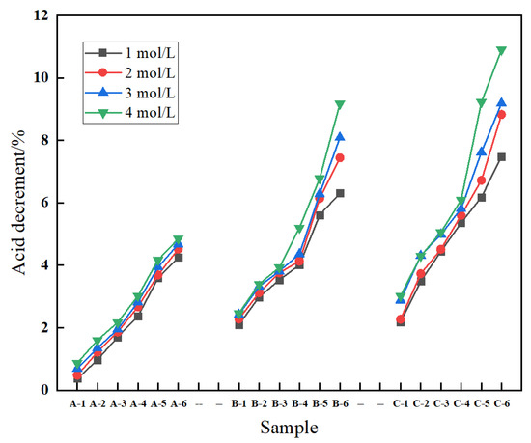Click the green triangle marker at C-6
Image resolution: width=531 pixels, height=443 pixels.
501,50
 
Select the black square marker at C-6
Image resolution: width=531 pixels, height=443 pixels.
501,156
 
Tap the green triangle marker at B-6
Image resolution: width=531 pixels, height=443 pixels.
340,104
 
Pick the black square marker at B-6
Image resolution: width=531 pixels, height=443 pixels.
340,193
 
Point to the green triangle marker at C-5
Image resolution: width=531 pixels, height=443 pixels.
481,102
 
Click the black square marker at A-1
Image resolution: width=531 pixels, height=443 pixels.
77,378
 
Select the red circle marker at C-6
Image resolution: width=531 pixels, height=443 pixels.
501,114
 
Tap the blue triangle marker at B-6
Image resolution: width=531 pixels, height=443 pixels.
340,137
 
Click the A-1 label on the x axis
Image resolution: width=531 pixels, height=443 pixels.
77,402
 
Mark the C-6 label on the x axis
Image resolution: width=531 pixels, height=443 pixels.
501,402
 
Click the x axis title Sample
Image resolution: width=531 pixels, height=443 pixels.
290,427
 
